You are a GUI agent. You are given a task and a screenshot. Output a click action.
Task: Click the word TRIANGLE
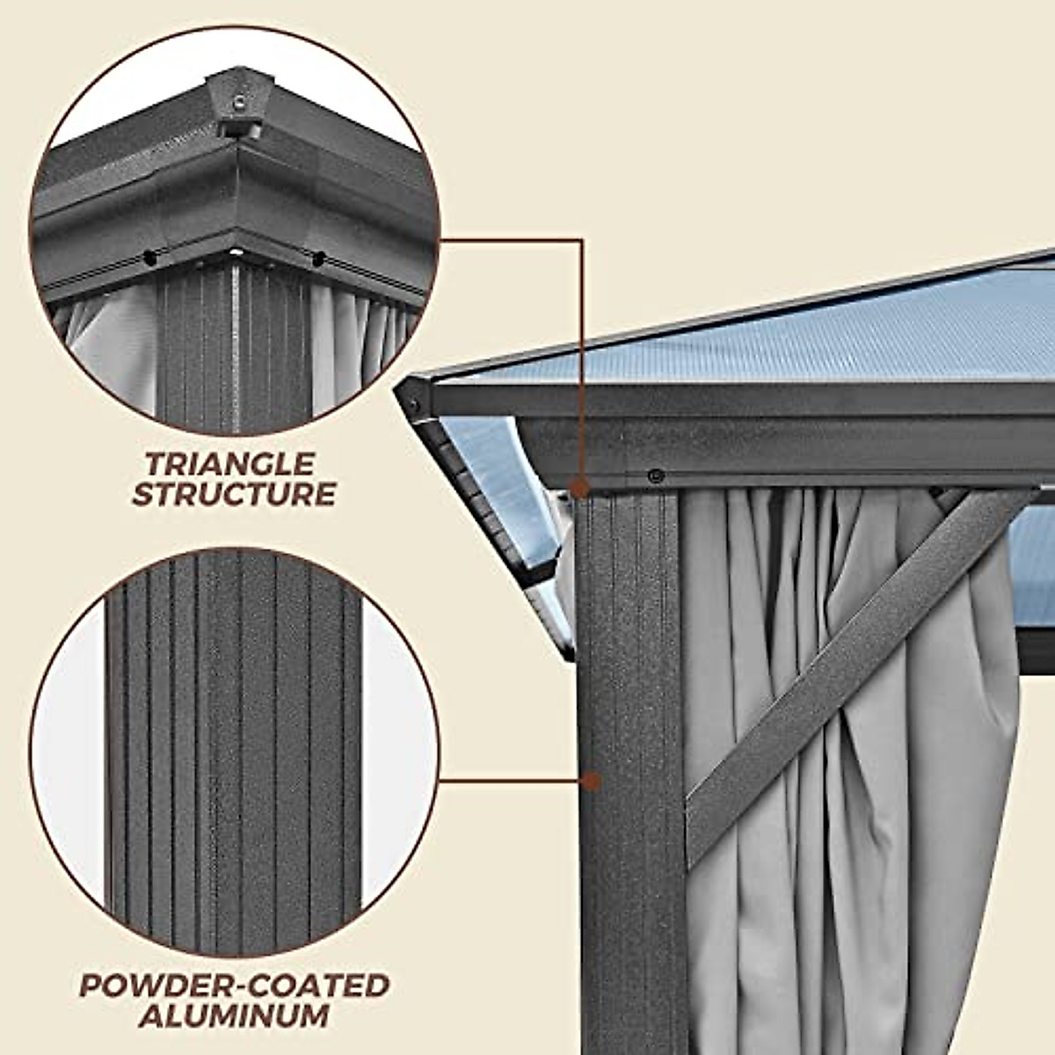[230, 463]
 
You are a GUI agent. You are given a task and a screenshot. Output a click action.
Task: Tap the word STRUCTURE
[234, 494]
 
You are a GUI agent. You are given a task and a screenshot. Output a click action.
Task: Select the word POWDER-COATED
[235, 986]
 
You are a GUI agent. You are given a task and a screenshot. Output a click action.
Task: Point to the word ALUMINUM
[235, 1016]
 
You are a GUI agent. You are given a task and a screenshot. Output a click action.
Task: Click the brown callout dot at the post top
[578, 487]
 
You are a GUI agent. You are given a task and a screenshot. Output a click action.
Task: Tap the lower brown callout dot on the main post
[592, 780]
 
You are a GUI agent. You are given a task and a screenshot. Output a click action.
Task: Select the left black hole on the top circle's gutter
[150, 258]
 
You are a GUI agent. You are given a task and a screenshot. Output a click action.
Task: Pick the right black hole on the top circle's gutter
[319, 258]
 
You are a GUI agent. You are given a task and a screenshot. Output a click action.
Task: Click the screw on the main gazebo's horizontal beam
[655, 476]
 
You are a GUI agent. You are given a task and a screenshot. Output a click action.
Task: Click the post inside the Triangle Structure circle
[234, 352]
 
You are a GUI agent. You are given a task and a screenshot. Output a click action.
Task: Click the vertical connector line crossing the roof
[582, 352]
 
